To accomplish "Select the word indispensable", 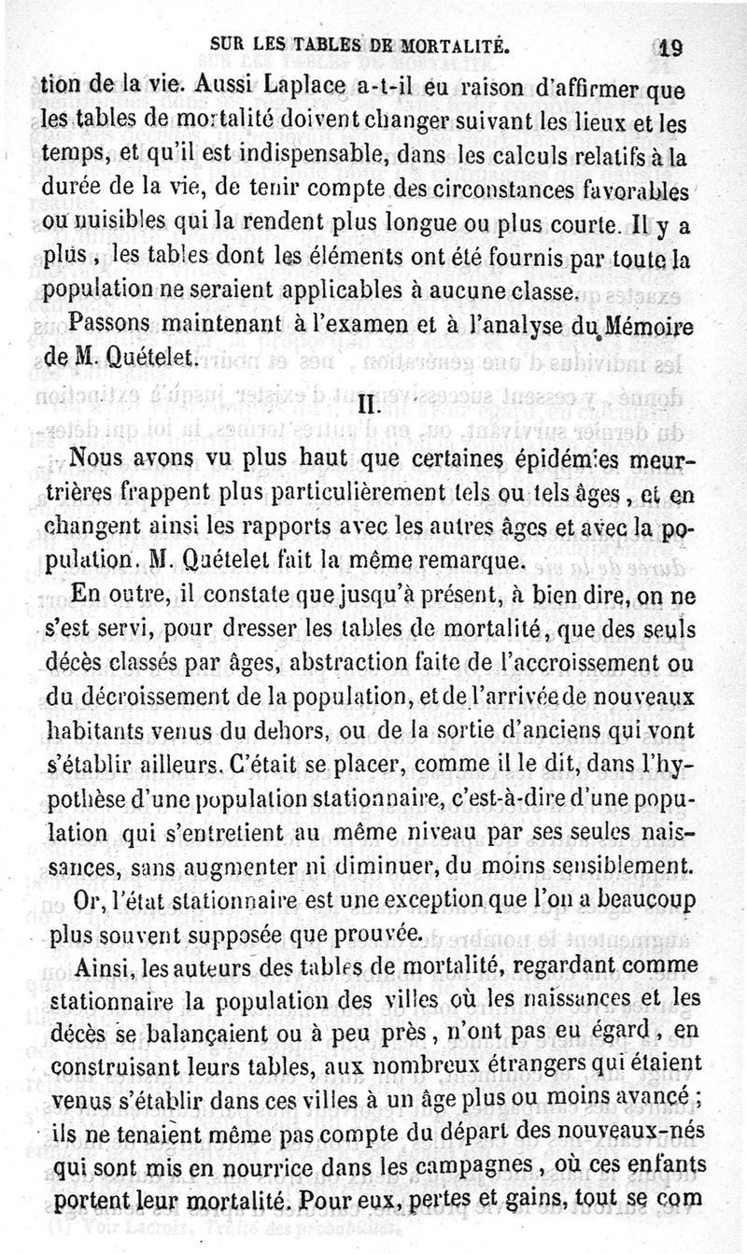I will [321, 156].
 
